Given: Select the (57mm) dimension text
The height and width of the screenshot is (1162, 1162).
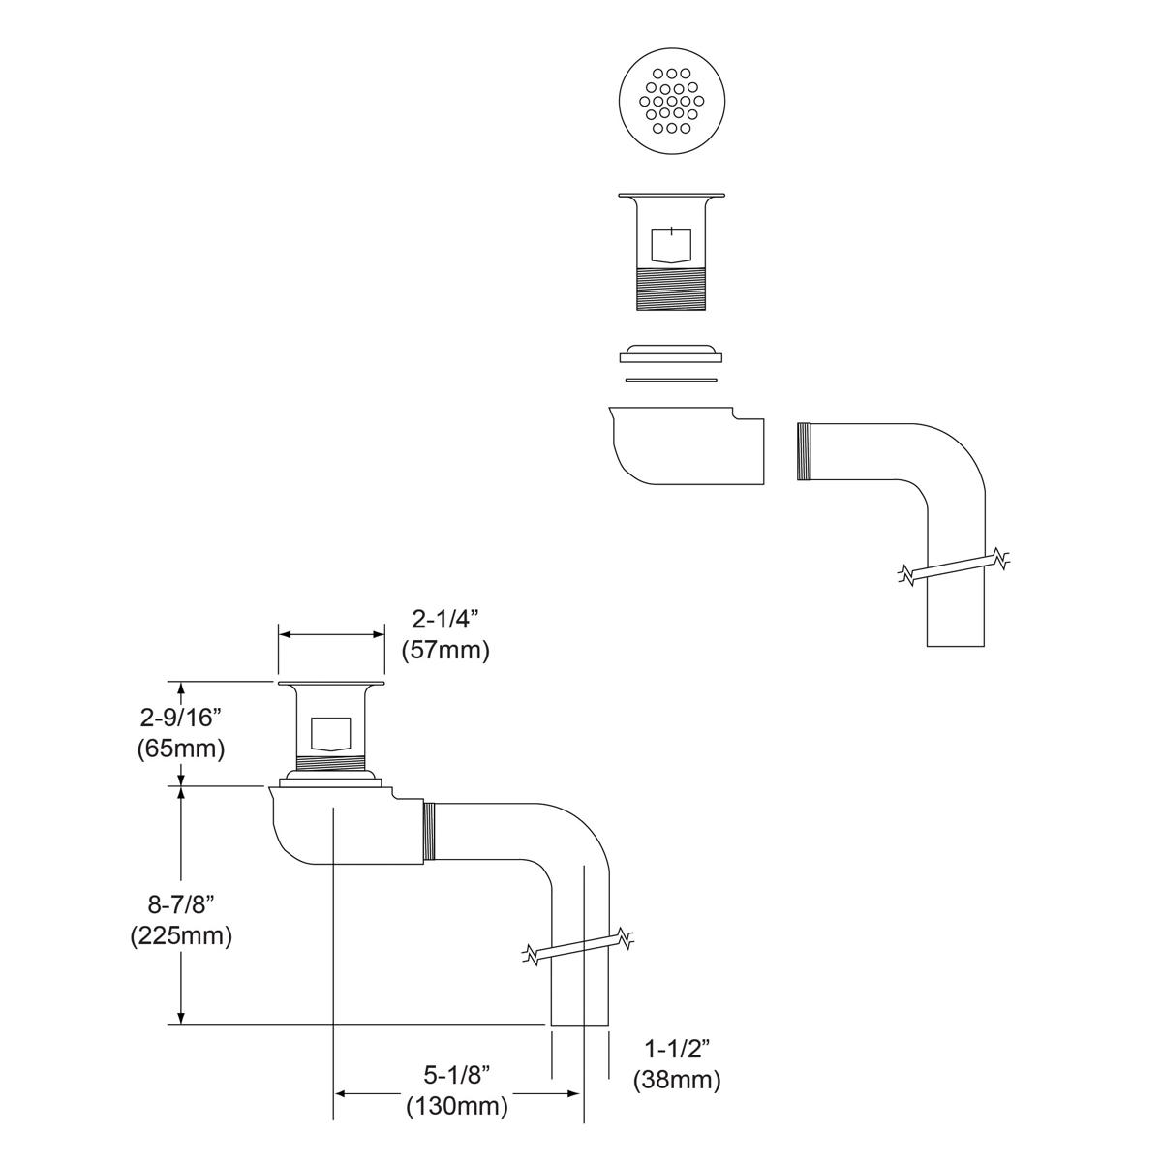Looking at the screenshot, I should tap(444, 650).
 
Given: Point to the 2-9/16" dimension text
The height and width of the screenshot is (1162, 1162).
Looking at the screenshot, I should tap(181, 718).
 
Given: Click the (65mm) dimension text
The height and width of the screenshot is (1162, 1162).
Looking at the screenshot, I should tap(181, 748).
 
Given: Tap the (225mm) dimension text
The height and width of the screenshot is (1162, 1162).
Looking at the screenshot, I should tap(181, 936).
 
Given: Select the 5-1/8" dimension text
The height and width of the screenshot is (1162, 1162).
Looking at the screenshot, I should tap(457, 1075).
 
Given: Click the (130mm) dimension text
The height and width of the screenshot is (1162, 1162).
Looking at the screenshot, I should tap(457, 1105).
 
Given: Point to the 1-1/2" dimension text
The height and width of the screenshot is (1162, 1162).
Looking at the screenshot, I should tap(677, 1049).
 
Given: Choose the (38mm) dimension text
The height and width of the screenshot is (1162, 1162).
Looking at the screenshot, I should tap(677, 1080).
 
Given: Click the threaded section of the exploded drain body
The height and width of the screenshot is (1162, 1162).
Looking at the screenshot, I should tap(671, 289).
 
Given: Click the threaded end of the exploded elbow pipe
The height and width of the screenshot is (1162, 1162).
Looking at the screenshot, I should tap(804, 451).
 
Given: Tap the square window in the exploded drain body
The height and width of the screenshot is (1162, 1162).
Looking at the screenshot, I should tap(671, 245).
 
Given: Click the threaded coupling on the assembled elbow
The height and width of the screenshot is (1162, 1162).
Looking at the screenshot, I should tap(431, 832).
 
